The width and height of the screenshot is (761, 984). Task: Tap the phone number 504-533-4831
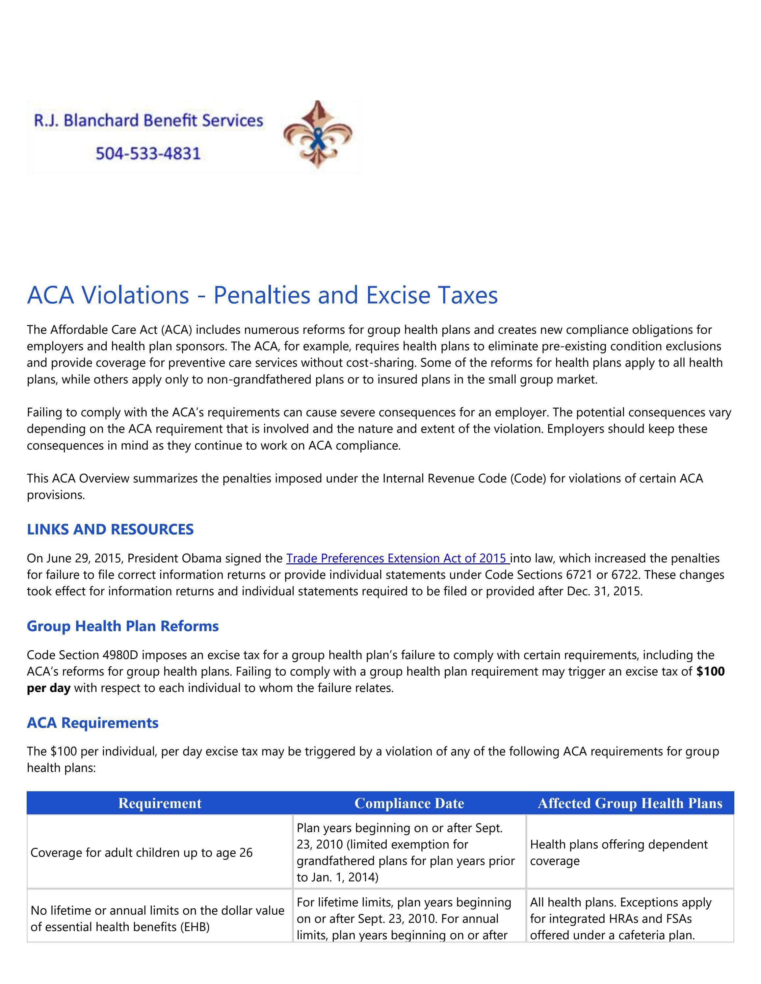(x=148, y=154)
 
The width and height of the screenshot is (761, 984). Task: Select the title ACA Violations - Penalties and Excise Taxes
(x=262, y=295)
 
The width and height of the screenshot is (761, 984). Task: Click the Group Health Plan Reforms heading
(x=123, y=626)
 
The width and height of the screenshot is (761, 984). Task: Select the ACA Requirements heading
(x=92, y=723)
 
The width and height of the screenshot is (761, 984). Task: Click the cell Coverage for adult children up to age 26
(x=142, y=852)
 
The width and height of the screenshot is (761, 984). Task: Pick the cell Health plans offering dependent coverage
(x=618, y=852)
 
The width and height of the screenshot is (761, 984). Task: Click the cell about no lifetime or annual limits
(x=157, y=918)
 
